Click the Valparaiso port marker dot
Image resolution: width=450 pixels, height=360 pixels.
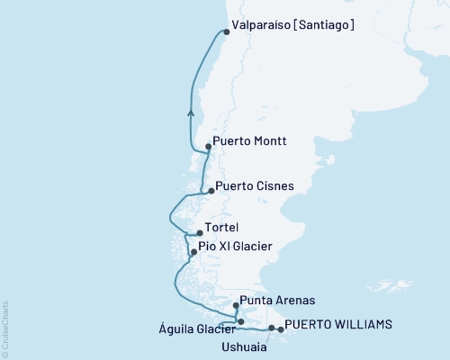coord(226,32)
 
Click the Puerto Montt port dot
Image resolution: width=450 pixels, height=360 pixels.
coord(208,146)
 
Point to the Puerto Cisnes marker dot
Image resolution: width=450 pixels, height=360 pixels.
coord(211,191)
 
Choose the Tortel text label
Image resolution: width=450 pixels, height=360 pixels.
coord(222,228)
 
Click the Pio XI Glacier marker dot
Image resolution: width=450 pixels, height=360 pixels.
coord(193,252)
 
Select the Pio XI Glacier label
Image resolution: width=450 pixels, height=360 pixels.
coord(238,247)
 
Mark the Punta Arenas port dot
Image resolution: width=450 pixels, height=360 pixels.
coord(236,306)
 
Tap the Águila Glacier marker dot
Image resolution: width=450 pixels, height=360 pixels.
coord(240,321)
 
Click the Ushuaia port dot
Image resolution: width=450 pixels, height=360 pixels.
coord(271,328)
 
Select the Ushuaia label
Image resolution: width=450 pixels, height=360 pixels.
coord(243,345)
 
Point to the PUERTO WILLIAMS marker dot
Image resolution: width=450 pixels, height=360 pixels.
coord(281,329)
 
